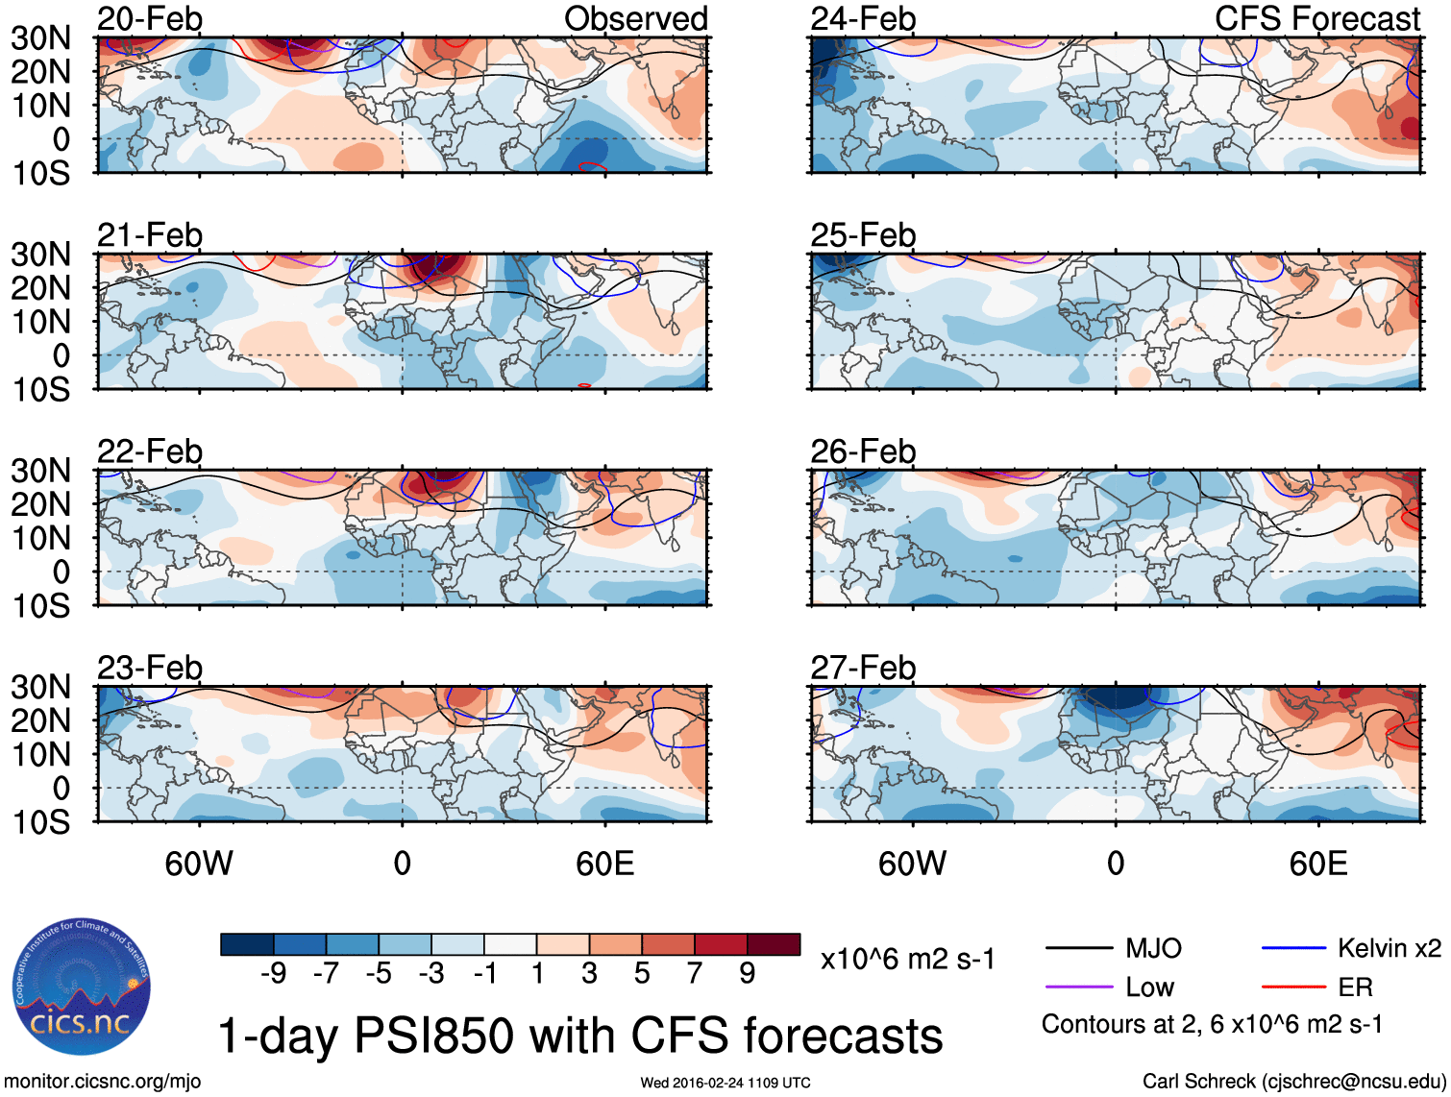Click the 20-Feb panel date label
(x=150, y=18)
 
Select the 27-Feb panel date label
(x=863, y=668)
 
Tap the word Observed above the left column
(x=636, y=18)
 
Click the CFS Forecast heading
(x=1317, y=18)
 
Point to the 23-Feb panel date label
(x=150, y=668)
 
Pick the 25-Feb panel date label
(x=863, y=235)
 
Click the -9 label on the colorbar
(x=273, y=974)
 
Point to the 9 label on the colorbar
(x=747, y=974)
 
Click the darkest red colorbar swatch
(x=774, y=944)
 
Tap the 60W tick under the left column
(x=199, y=864)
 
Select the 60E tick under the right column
(x=1317, y=864)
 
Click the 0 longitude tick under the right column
(x=1115, y=864)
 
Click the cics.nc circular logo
(x=82, y=987)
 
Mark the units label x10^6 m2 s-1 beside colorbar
(x=907, y=960)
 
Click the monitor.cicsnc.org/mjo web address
(x=103, y=1082)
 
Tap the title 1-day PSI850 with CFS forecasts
(x=580, y=1036)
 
